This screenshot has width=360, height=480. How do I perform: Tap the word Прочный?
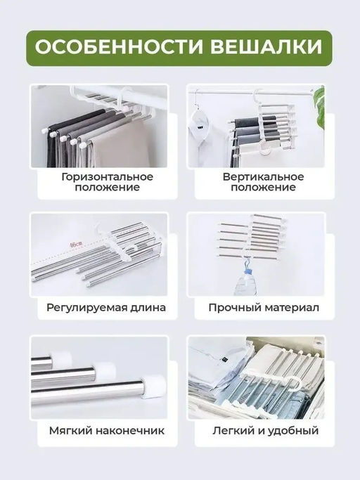pos(231,307)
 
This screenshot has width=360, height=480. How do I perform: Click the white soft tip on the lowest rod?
pos(154,383)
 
